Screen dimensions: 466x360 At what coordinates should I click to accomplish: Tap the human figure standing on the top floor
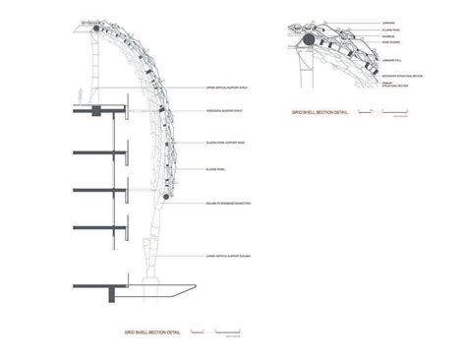coord(97,99)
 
